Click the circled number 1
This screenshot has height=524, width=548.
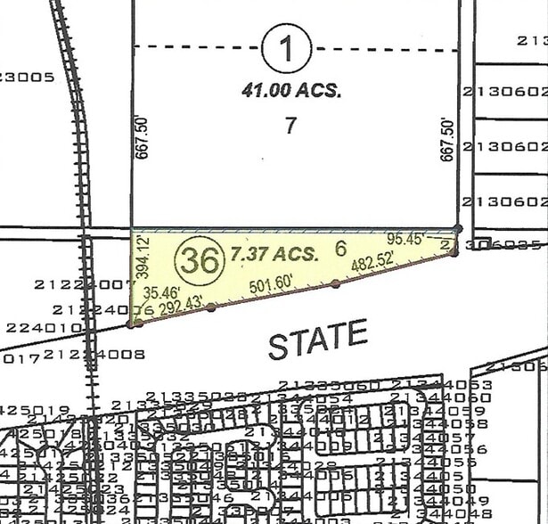[x=287, y=48]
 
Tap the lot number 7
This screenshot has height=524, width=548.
[x=290, y=125]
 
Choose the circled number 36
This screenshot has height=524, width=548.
[x=198, y=260]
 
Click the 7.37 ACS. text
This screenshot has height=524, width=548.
[x=274, y=253]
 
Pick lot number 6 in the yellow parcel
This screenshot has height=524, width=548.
[x=339, y=250]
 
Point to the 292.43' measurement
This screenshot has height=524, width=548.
[x=182, y=304]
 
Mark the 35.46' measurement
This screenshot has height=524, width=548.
[x=161, y=291]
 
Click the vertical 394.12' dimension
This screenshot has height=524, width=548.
[x=139, y=256]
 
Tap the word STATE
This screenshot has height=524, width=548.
[x=318, y=340]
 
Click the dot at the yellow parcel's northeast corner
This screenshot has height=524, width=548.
[x=458, y=229]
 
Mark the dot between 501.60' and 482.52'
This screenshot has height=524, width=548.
[x=335, y=283]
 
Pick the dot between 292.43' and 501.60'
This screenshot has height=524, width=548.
[x=211, y=308]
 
